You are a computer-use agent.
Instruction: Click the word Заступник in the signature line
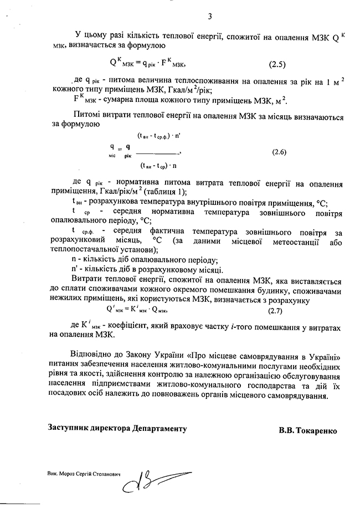pos(69,430)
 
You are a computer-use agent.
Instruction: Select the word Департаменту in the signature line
pos(160,430)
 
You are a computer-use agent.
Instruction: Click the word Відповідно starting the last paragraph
pos(93,354)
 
